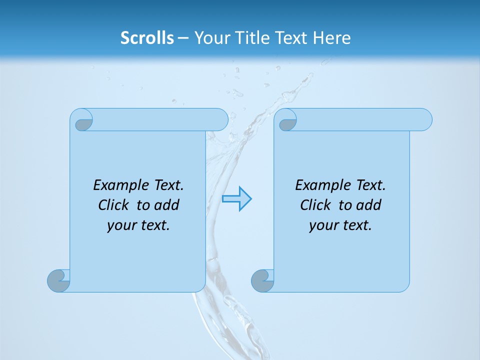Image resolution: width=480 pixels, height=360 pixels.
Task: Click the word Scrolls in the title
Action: click(x=147, y=38)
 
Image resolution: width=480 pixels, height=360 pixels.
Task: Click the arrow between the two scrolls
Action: click(x=237, y=198)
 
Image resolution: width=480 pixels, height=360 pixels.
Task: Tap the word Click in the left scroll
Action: click(x=113, y=205)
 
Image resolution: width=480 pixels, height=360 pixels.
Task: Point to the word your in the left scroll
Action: click(x=121, y=225)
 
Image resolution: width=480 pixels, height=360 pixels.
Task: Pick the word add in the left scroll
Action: click(x=167, y=205)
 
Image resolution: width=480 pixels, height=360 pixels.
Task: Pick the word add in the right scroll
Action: click(x=369, y=205)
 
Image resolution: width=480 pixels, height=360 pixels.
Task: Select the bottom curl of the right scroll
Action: click(x=262, y=280)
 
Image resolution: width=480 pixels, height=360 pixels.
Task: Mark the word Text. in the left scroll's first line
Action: click(x=167, y=185)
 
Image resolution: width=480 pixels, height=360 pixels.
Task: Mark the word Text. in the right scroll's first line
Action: click(x=369, y=185)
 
